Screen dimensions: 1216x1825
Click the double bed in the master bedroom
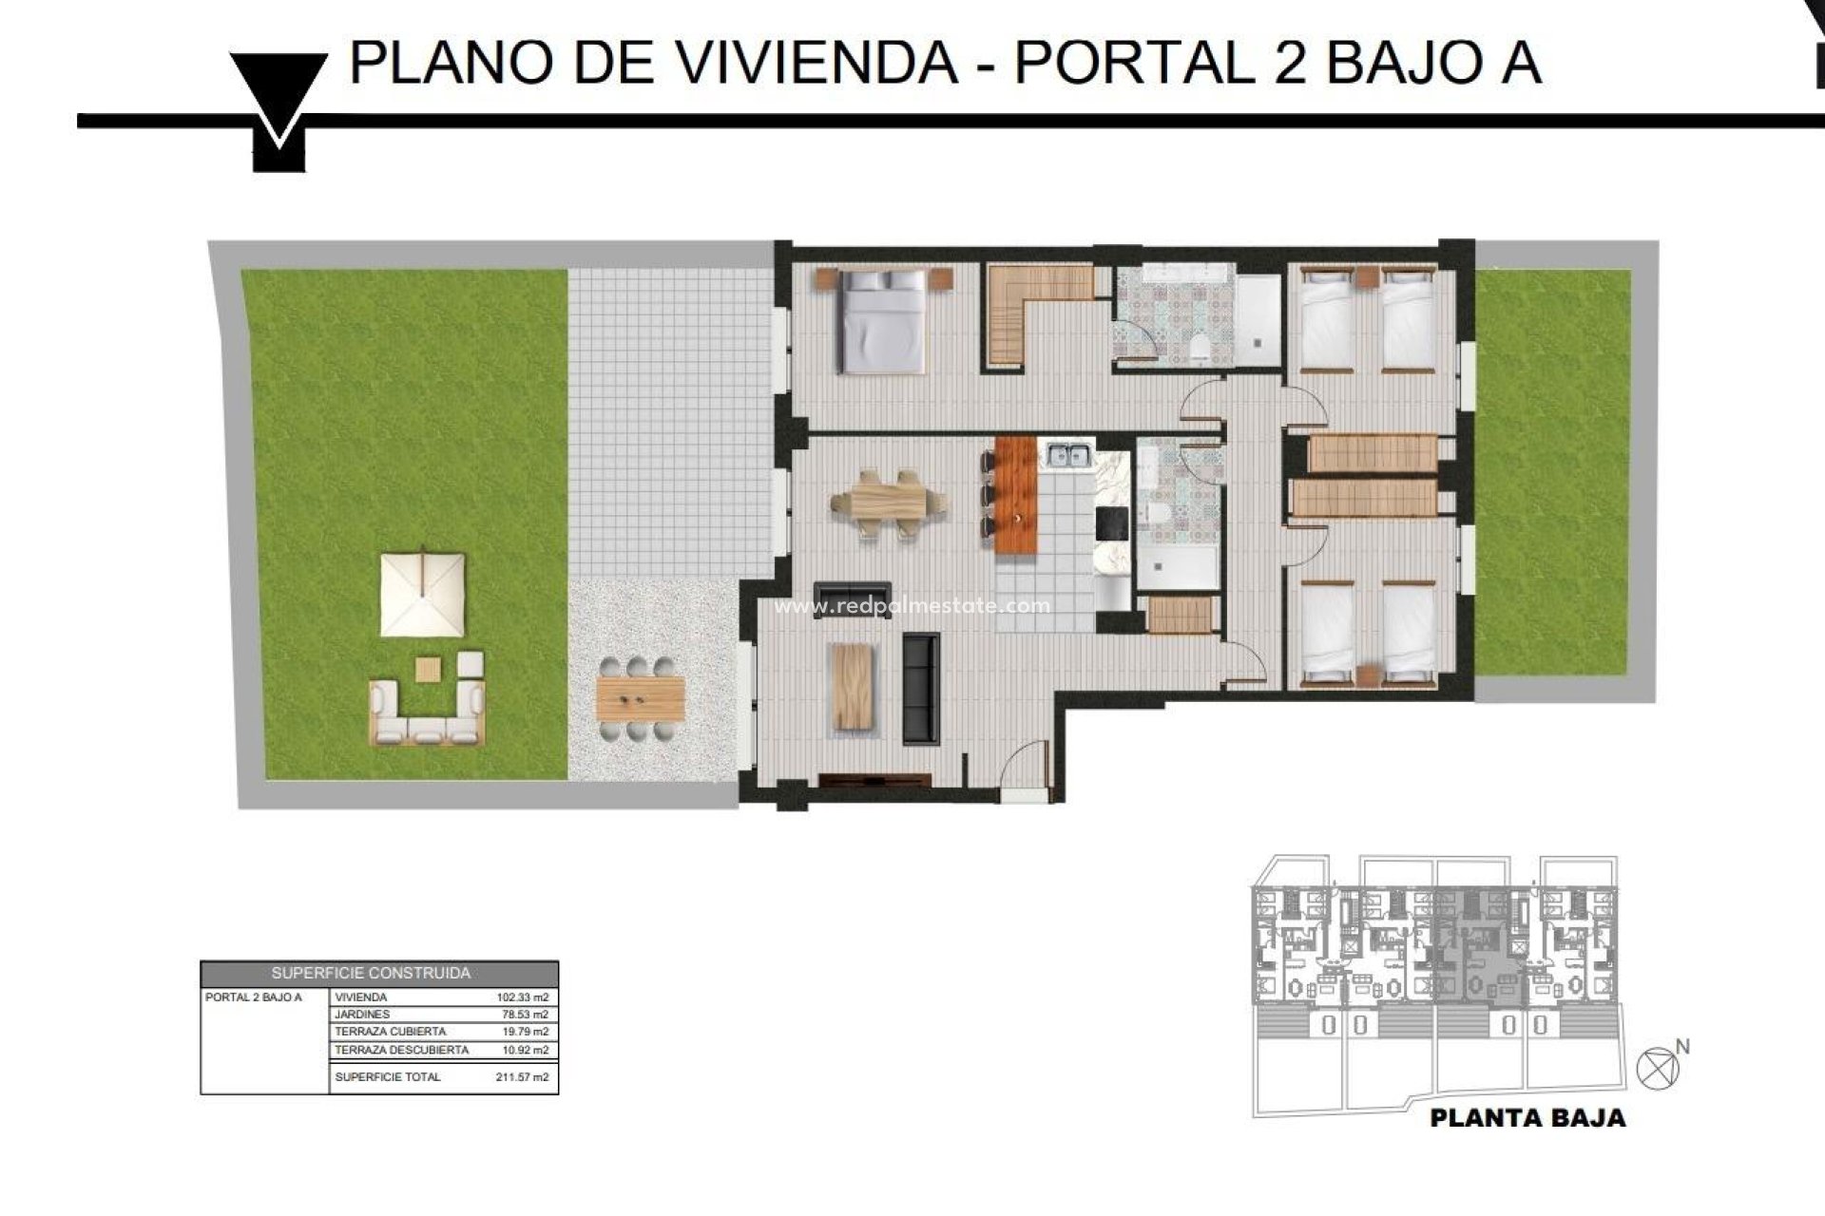click(882, 319)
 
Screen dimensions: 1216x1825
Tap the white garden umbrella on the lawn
click(423, 595)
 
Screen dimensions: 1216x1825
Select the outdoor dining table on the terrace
click(641, 699)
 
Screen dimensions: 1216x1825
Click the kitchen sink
click(1068, 456)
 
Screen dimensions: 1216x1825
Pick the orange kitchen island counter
click(1015, 496)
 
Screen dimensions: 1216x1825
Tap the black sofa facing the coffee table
click(920, 689)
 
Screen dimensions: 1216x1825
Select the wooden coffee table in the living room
click(852, 687)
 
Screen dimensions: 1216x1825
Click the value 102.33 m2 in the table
click(522, 997)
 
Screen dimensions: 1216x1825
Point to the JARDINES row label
click(362, 1015)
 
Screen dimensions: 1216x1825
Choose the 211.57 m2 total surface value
click(522, 1077)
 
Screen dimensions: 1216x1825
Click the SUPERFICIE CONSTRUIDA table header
click(371, 974)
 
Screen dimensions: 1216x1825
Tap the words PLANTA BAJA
click(1527, 1118)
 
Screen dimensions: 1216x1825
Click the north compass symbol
click(1658, 1068)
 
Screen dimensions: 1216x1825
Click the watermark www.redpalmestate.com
click(912, 606)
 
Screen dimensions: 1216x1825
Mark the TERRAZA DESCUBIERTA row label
click(401, 1050)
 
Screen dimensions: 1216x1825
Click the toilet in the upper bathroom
click(1200, 348)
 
